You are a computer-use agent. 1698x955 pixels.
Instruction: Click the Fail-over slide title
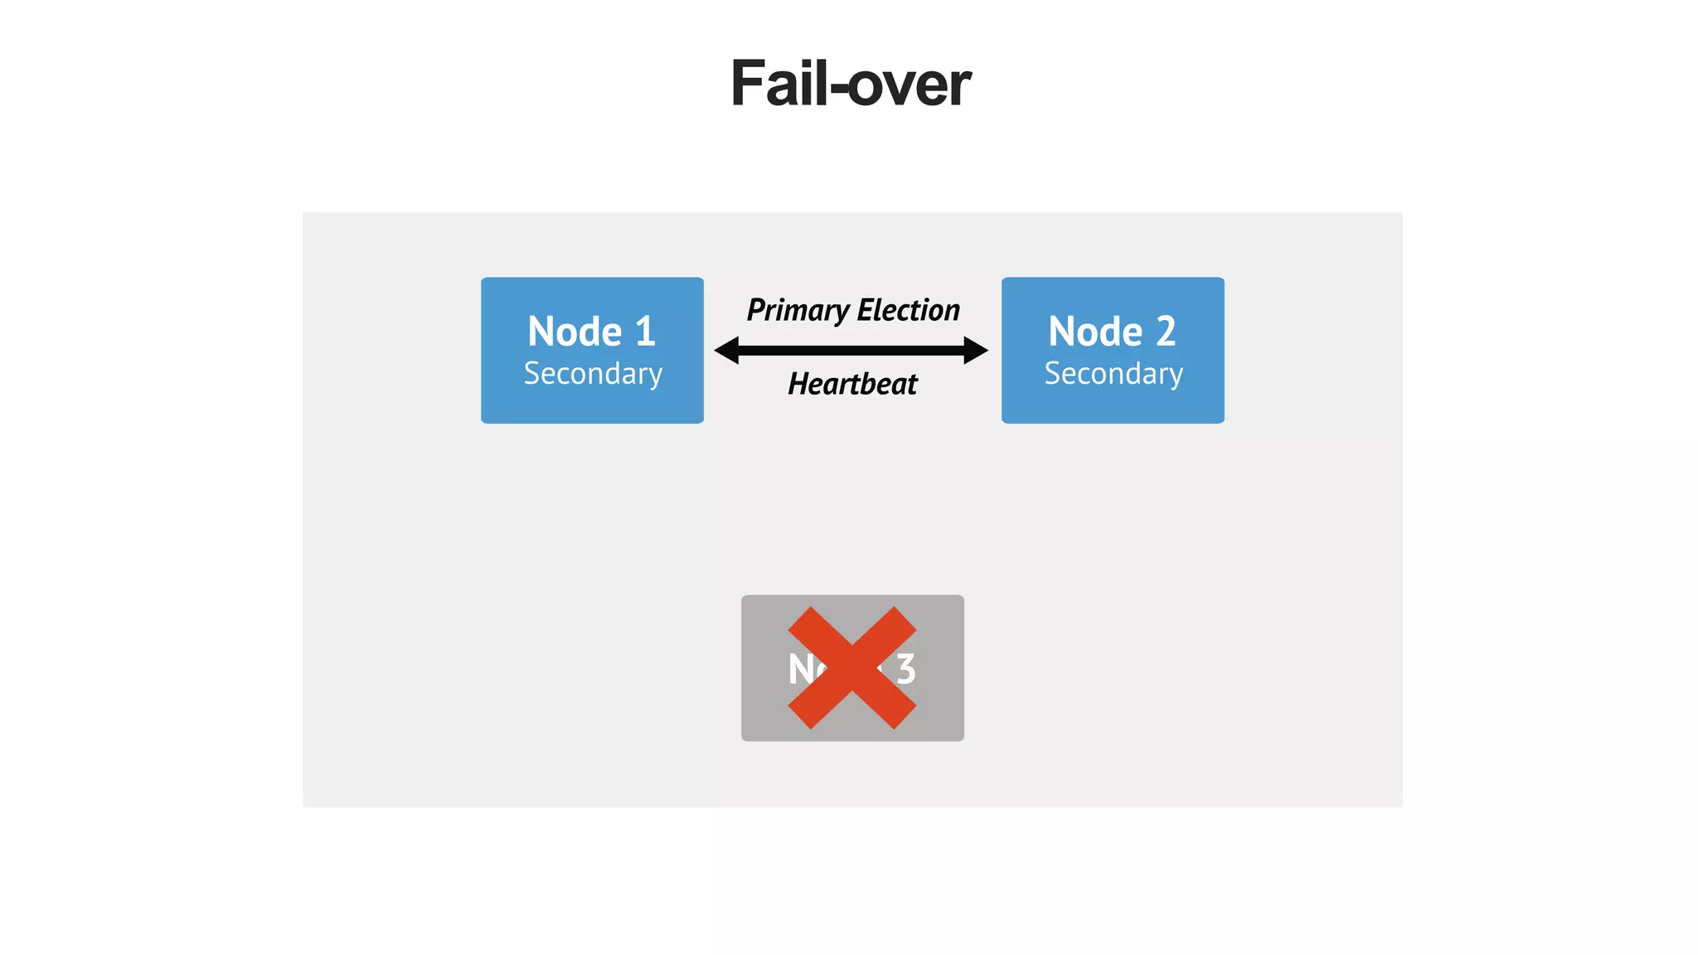coord(850,84)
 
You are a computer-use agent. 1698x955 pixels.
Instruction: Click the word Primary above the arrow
coord(798,310)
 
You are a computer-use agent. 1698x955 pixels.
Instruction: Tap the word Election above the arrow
coord(908,310)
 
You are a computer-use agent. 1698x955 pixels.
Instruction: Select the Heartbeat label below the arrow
coord(852,384)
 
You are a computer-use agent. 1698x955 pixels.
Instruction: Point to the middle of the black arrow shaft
coord(851,351)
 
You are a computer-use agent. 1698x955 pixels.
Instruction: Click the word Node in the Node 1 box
coord(575,332)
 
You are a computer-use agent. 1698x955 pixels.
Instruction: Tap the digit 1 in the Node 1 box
coord(645,332)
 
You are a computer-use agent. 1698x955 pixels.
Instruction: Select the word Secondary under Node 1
coord(593,374)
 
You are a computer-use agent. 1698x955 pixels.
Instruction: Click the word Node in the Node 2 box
coord(1095,332)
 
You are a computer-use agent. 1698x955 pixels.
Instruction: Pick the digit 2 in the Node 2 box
coord(1166,332)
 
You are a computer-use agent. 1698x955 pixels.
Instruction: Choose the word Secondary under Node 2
coord(1113,374)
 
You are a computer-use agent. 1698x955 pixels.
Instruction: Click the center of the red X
coord(852,668)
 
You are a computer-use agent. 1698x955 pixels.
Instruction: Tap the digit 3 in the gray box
coord(905,669)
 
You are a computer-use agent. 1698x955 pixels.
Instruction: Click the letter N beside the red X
coord(801,669)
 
